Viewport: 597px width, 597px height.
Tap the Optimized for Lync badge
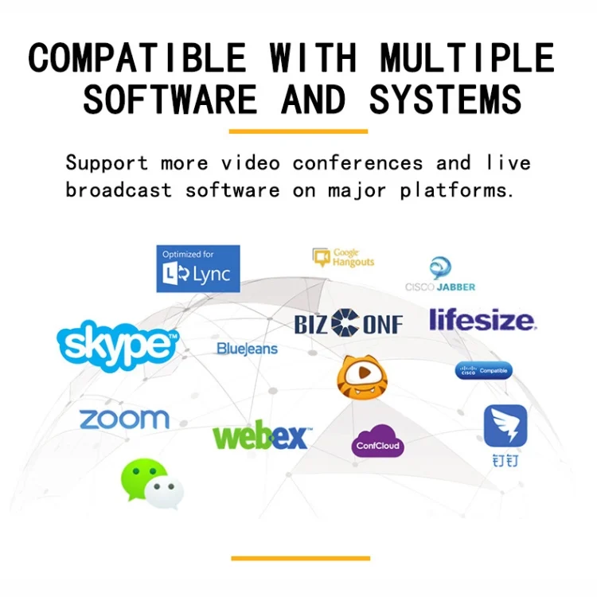(x=198, y=268)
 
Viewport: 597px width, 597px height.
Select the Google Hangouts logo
(x=344, y=257)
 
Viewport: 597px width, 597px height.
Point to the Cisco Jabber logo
(x=440, y=275)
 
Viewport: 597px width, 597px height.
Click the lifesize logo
(x=482, y=320)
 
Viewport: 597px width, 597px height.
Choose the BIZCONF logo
(x=349, y=323)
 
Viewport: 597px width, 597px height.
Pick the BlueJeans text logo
(x=247, y=349)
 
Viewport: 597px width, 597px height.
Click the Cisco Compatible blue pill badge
(x=484, y=370)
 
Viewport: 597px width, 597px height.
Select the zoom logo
(x=124, y=419)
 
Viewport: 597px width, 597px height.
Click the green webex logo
(x=260, y=436)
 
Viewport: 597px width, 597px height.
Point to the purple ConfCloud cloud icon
(x=377, y=443)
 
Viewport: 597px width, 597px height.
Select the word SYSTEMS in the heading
(x=445, y=100)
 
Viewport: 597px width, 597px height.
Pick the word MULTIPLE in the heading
(x=466, y=59)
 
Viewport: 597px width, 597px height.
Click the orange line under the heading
(x=298, y=131)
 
